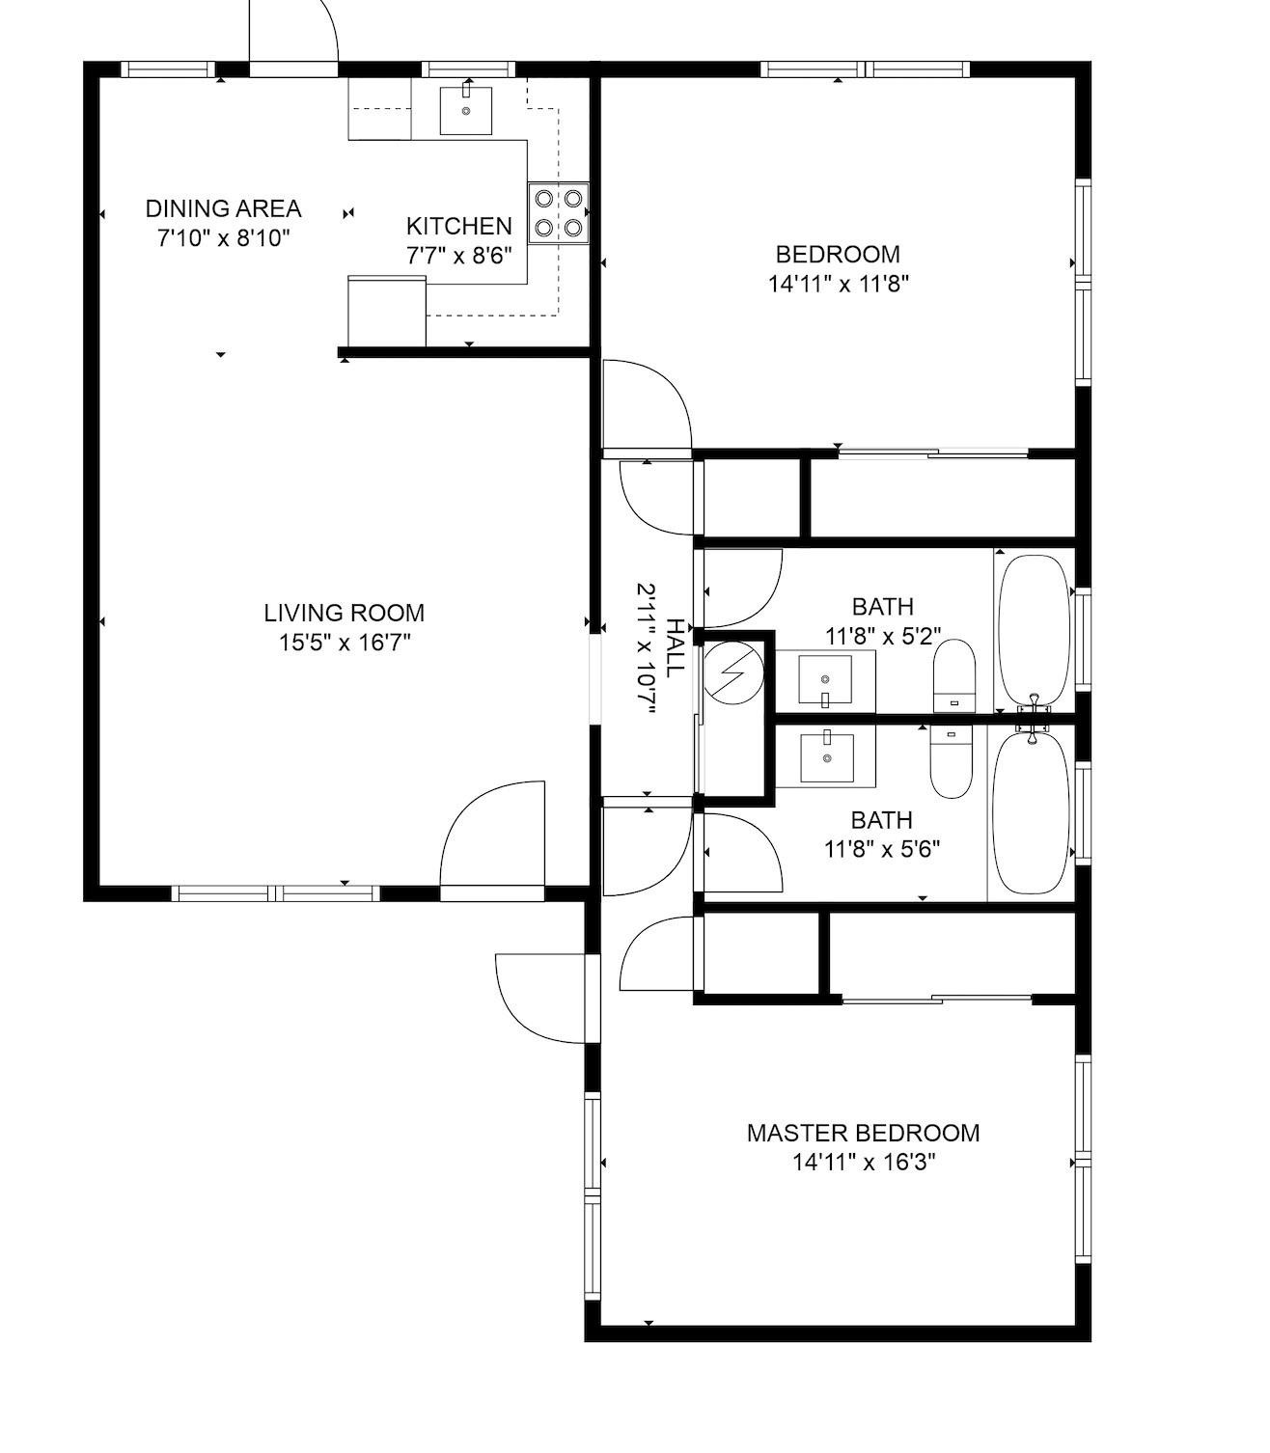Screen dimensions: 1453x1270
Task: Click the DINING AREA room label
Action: click(x=223, y=208)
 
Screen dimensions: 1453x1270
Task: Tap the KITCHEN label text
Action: click(x=458, y=226)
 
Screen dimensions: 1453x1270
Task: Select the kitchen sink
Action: click(x=466, y=110)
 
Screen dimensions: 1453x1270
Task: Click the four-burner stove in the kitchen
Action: click(x=559, y=213)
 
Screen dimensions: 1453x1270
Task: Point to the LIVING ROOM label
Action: click(x=345, y=613)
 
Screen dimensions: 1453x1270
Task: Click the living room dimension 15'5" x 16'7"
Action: click(x=345, y=643)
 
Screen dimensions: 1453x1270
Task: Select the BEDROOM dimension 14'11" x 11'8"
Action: click(x=839, y=284)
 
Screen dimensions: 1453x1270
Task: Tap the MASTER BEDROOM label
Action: click(x=863, y=1133)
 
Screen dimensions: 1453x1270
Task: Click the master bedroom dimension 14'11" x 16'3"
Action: click(x=863, y=1163)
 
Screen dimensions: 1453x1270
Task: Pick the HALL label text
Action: click(x=675, y=647)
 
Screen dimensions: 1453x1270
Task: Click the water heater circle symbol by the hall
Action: click(x=732, y=672)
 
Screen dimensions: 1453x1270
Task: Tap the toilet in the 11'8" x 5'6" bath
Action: click(x=951, y=763)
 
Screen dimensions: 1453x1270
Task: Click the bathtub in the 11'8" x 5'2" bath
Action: click(x=1034, y=629)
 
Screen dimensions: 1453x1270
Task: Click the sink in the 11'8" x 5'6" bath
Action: click(x=827, y=758)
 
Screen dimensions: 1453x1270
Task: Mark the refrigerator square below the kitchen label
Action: click(x=386, y=311)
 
